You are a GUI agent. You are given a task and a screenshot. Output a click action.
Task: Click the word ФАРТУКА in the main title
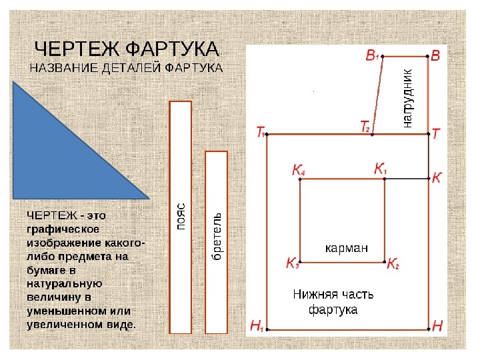click(x=173, y=49)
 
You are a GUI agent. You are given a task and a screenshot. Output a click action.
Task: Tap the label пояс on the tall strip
click(x=181, y=216)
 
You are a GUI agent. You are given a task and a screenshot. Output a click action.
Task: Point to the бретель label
click(x=217, y=236)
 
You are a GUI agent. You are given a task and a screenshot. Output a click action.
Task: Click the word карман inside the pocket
click(x=346, y=247)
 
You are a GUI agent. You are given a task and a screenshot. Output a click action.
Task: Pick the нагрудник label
click(x=407, y=98)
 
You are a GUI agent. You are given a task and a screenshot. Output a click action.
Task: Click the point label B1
click(x=372, y=55)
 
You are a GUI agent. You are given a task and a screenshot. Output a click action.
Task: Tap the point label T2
click(x=365, y=126)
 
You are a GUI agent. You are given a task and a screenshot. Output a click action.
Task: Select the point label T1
click(x=261, y=132)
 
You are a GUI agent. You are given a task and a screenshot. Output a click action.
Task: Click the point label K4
click(x=299, y=169)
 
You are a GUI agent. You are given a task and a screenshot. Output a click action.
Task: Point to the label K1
click(x=381, y=169)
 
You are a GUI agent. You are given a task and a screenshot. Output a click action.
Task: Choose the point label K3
click(x=293, y=263)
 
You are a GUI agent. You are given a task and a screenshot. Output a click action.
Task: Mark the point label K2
click(x=393, y=263)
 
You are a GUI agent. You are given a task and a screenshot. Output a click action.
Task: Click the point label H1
click(x=257, y=326)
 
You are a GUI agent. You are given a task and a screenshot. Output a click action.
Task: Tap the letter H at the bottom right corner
click(x=437, y=326)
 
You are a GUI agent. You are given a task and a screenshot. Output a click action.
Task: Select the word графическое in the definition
click(x=63, y=229)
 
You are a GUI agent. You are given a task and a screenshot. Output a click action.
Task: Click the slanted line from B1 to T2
click(x=377, y=95)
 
